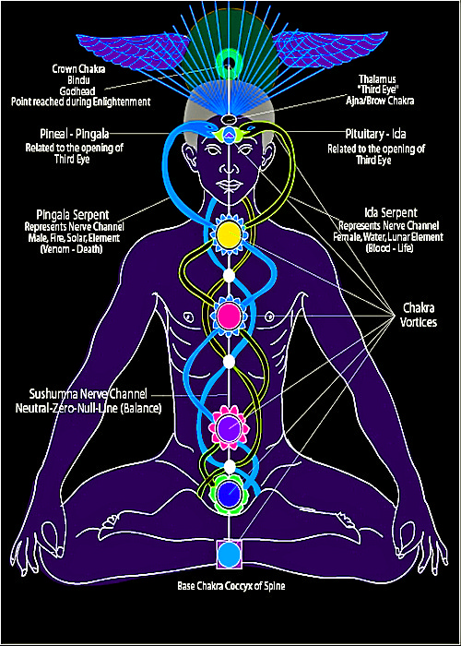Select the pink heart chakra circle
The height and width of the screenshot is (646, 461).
229,316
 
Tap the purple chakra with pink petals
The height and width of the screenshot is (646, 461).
230,427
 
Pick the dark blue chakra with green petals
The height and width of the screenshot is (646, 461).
230,491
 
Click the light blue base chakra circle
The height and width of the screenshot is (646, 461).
229,555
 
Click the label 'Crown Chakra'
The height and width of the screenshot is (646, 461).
78,69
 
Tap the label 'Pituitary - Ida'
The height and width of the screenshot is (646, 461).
376,135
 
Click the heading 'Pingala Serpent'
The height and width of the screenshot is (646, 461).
73,215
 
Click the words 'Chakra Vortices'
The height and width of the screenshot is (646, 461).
420,316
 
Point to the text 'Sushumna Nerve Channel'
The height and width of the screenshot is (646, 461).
89,394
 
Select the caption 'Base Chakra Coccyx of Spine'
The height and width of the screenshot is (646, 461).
230,585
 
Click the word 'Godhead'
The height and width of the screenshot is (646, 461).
78,91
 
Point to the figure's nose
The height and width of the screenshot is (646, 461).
229,168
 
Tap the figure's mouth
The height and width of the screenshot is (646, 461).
229,185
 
